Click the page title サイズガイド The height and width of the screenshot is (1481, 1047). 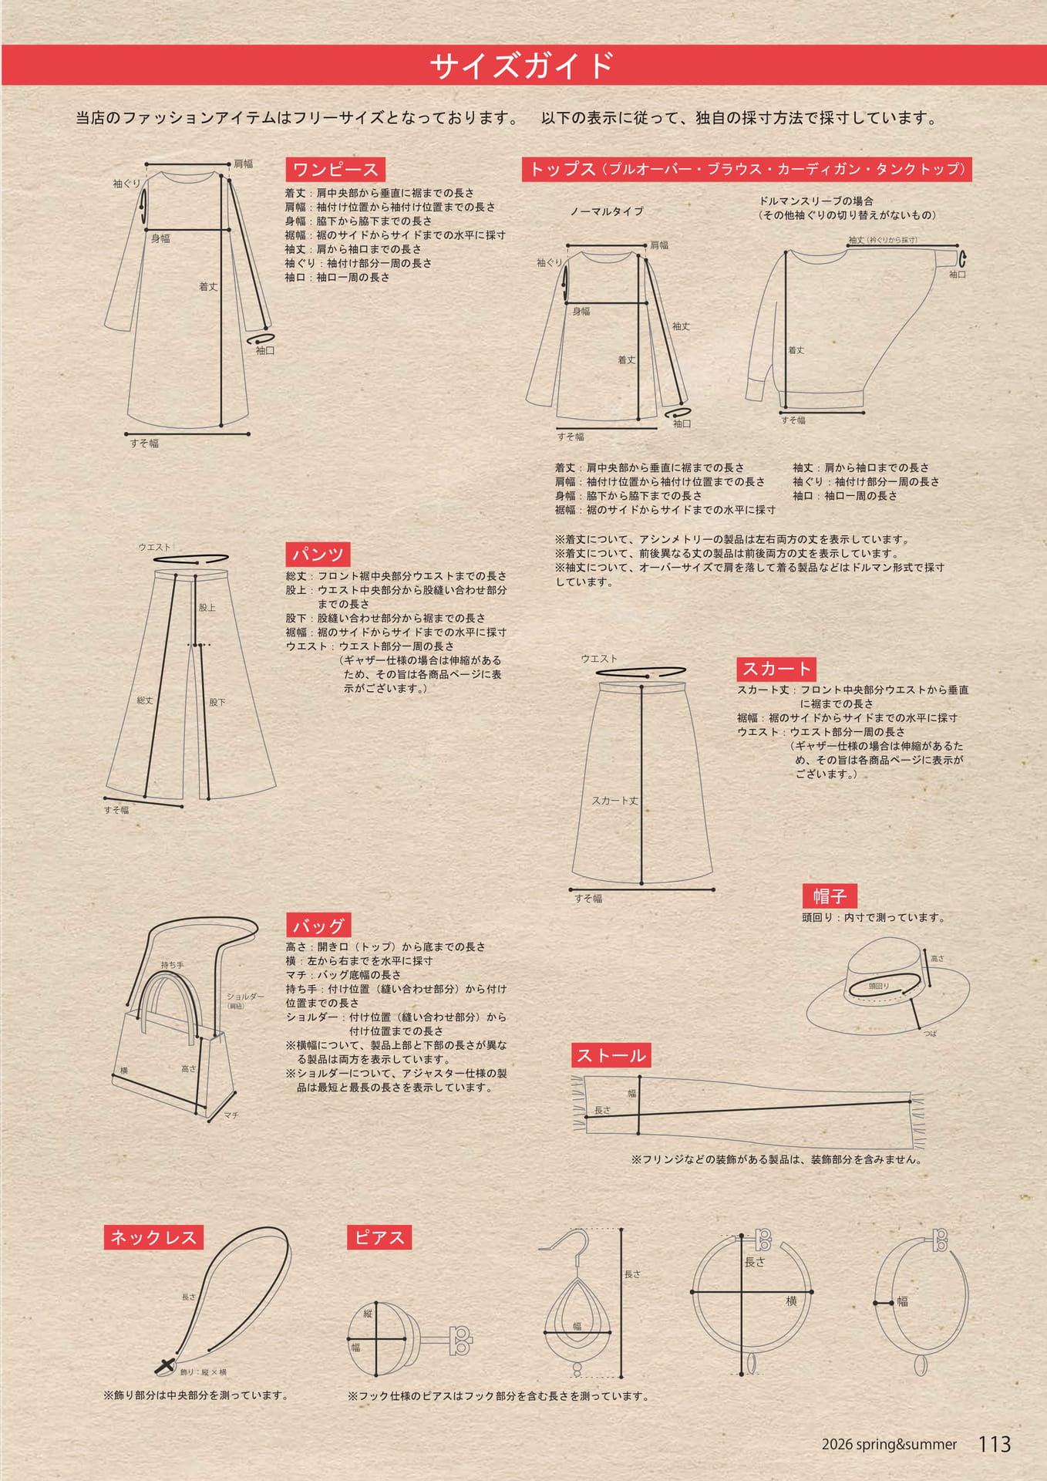click(x=522, y=66)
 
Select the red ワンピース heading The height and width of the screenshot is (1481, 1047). click(x=335, y=170)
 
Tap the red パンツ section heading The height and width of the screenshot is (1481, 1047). click(x=318, y=554)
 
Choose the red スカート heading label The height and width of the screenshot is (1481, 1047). click(x=776, y=669)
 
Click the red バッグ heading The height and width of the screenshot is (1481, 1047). click(x=318, y=926)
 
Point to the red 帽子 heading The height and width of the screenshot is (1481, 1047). click(x=830, y=896)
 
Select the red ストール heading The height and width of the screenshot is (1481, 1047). click(x=611, y=1055)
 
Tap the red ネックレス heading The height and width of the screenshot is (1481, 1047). click(x=153, y=1237)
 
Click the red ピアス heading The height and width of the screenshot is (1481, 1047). click(x=379, y=1237)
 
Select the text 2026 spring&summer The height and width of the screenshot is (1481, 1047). click(x=889, y=1445)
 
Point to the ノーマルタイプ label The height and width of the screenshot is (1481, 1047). click(x=607, y=211)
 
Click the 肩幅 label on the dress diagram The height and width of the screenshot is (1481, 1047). click(x=244, y=164)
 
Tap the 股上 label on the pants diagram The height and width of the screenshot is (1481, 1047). click(x=207, y=608)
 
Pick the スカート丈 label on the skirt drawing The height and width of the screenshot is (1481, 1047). click(x=614, y=801)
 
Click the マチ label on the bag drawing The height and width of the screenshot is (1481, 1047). click(x=231, y=1115)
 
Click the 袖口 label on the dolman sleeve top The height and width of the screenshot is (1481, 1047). click(x=958, y=275)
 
